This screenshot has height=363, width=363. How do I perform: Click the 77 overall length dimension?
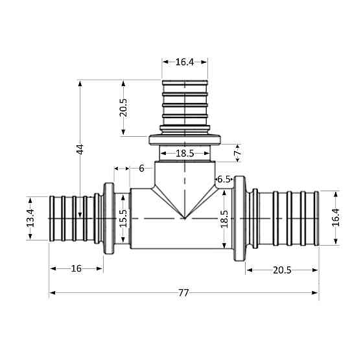coord(183,293)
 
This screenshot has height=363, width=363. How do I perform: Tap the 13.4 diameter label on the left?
coord(30,218)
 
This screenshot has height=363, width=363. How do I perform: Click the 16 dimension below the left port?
coord(76,268)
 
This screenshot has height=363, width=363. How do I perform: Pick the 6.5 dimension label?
coord(224,179)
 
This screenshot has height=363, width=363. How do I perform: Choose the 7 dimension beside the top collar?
coord(237,153)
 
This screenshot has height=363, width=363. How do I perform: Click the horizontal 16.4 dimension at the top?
coord(185,62)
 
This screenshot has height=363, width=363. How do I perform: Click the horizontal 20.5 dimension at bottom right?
coord(282,270)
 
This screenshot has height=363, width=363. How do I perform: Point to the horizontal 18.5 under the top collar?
coord(185,154)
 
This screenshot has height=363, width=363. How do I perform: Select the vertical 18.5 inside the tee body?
coord(224,218)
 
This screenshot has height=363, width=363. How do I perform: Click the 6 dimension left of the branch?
coord(141,169)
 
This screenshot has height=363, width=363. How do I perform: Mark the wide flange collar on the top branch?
coord(185,139)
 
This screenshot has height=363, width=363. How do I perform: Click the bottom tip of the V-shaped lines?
coord(185,218)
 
